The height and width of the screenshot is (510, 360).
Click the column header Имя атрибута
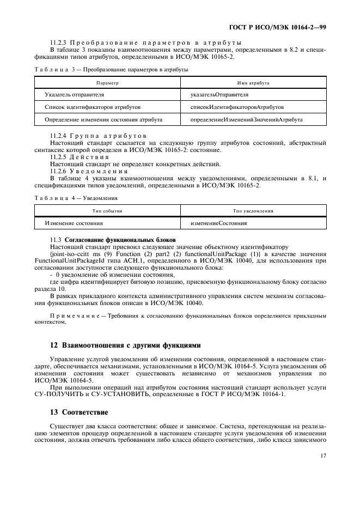coord(253,82)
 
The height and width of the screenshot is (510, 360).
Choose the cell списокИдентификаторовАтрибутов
coord(236,107)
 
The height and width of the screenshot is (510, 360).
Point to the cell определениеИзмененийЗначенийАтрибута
coord(246,119)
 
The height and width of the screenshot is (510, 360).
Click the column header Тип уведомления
coord(253,210)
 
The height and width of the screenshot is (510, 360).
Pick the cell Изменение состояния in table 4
coord(74,223)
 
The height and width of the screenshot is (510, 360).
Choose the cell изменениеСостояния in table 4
coord(218,223)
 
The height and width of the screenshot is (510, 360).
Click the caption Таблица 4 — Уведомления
coord(76,198)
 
